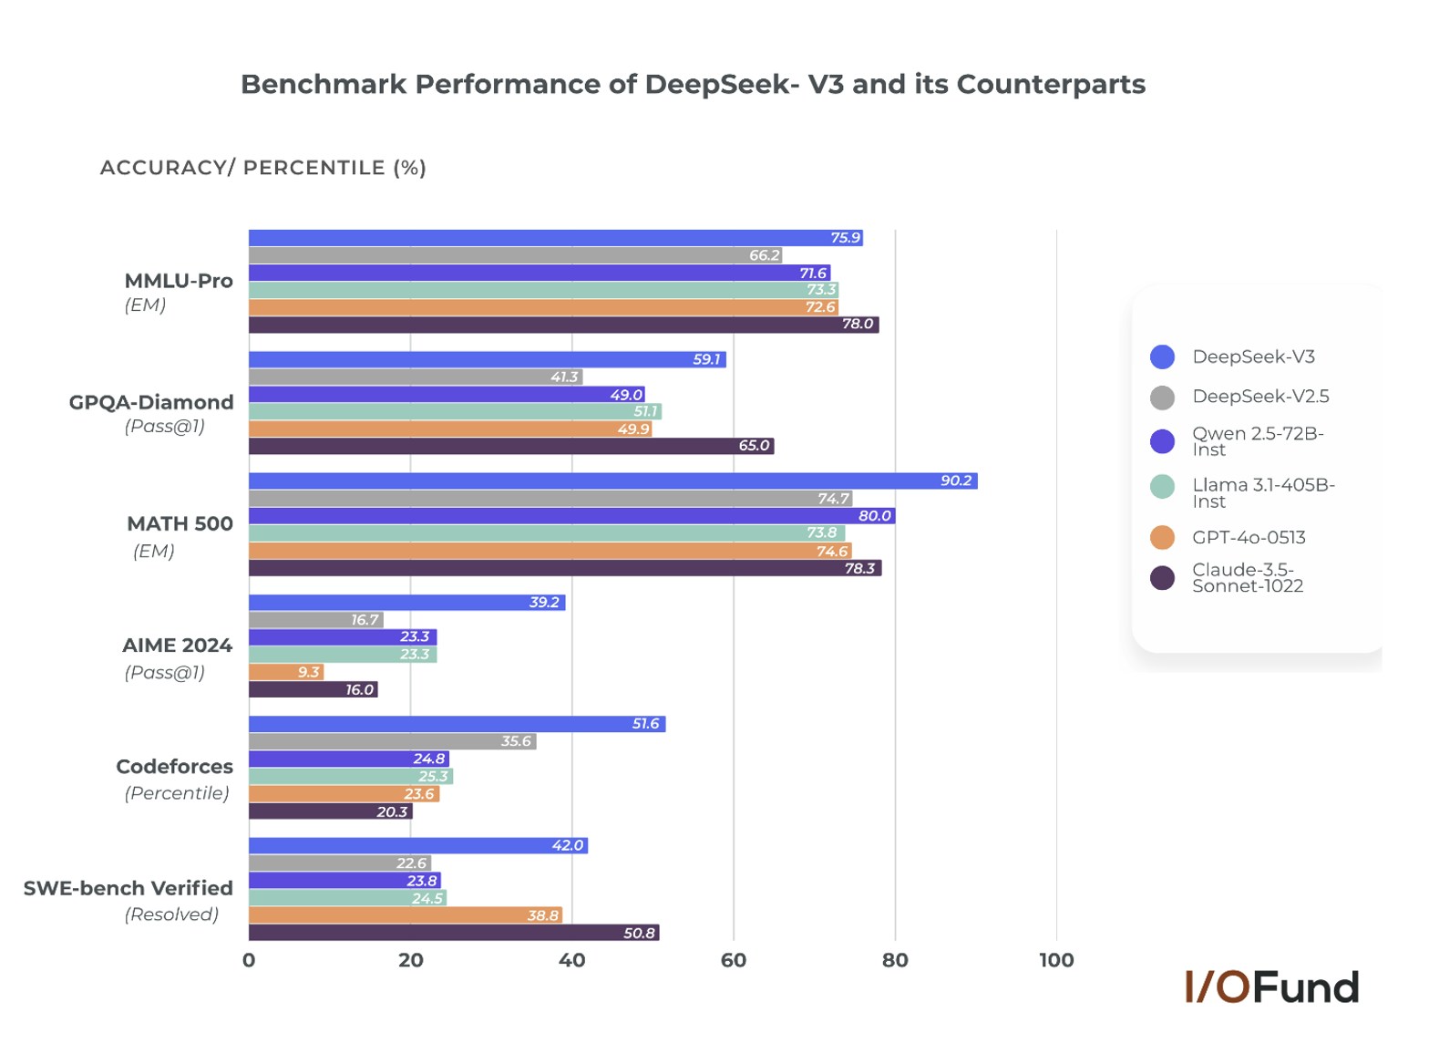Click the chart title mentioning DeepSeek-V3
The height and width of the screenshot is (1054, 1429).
click(693, 84)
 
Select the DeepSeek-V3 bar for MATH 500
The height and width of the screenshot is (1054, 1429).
click(612, 480)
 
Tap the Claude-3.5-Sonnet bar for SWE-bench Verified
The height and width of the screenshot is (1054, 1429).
click(453, 933)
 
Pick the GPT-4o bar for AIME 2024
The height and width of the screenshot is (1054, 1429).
click(285, 672)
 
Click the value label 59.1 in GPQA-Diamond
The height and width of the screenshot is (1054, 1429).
click(706, 359)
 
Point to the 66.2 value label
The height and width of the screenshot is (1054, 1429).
click(764, 255)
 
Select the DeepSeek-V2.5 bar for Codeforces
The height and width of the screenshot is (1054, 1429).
click(392, 741)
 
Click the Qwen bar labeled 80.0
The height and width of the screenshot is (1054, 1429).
click(571, 516)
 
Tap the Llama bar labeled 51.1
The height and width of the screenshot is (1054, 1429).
click(455, 411)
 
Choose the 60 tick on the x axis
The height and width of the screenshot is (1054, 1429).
click(733, 960)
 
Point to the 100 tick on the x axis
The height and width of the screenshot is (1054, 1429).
click(1056, 960)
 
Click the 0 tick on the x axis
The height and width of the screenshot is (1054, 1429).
click(249, 960)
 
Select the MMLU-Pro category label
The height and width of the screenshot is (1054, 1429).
click(179, 281)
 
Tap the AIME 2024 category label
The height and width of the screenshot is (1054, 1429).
click(177, 646)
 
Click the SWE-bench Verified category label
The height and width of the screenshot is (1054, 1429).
click(129, 888)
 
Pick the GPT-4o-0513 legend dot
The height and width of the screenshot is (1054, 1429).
click(1162, 538)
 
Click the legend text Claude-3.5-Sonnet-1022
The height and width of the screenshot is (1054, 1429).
click(1247, 578)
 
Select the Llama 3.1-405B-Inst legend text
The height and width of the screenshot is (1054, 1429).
click(1262, 493)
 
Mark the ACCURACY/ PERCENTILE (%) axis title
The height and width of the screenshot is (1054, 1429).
click(262, 168)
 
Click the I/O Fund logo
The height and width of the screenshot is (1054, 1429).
click(1271, 987)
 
